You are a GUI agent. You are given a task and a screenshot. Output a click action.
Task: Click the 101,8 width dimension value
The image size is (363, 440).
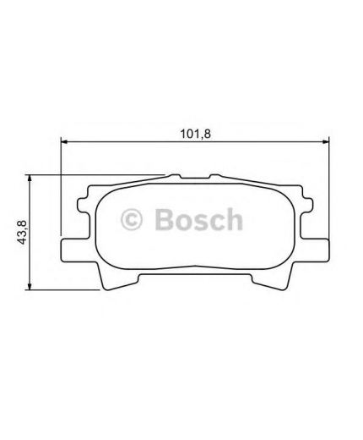(x=193, y=131)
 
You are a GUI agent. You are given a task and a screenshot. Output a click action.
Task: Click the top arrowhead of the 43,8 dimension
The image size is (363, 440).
(x=30, y=179)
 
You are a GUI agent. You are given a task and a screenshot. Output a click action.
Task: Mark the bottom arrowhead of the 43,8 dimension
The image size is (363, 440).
(x=30, y=280)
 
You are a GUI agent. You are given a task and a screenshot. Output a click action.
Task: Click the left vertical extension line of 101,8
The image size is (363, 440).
(x=62, y=186)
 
